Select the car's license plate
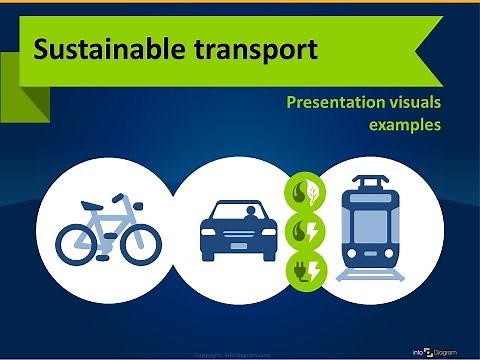238,244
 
